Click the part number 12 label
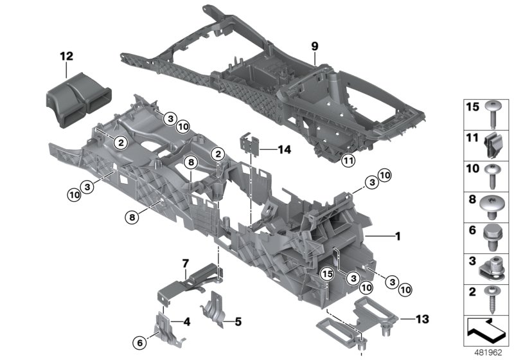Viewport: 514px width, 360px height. (67, 57)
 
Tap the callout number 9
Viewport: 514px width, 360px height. (315, 46)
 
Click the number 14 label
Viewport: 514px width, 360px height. (285, 149)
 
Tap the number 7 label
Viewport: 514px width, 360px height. (185, 264)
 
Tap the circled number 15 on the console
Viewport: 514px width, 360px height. (326, 275)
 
